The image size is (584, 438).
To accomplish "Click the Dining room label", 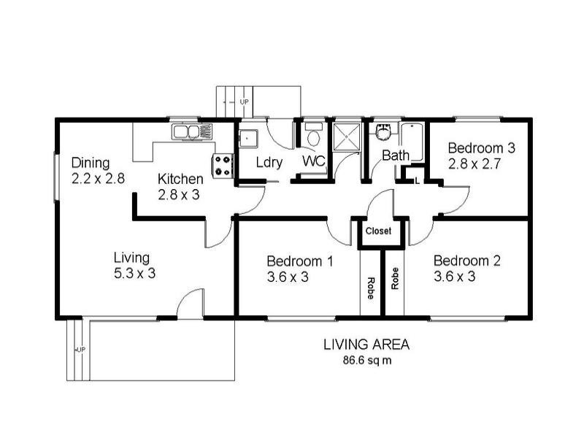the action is tap(91, 163).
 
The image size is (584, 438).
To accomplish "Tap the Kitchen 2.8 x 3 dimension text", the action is tap(179, 195).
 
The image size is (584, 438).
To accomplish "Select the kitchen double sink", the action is tap(185, 132).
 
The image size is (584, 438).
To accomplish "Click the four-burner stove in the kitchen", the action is tap(223, 166).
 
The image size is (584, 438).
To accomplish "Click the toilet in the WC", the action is tap(313, 134).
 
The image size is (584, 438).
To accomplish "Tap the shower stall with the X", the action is tap(346, 137).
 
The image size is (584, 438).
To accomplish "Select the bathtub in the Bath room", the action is tap(412, 142).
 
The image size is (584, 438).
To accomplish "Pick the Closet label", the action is tap(378, 231).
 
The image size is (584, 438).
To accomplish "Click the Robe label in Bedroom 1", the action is tap(371, 288).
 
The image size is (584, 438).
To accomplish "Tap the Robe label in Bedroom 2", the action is tap(395, 279).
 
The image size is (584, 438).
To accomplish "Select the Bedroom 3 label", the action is tap(482, 148).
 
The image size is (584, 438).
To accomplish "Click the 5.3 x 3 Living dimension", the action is tap(134, 274).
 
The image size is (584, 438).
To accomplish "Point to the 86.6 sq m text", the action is tap(367, 361).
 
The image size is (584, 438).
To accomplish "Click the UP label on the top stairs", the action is tap(244, 101).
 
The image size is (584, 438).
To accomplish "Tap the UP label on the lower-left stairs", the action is tap(81, 350).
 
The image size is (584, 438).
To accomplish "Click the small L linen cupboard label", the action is tap(417, 181).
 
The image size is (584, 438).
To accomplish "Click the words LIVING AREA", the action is tap(366, 345).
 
